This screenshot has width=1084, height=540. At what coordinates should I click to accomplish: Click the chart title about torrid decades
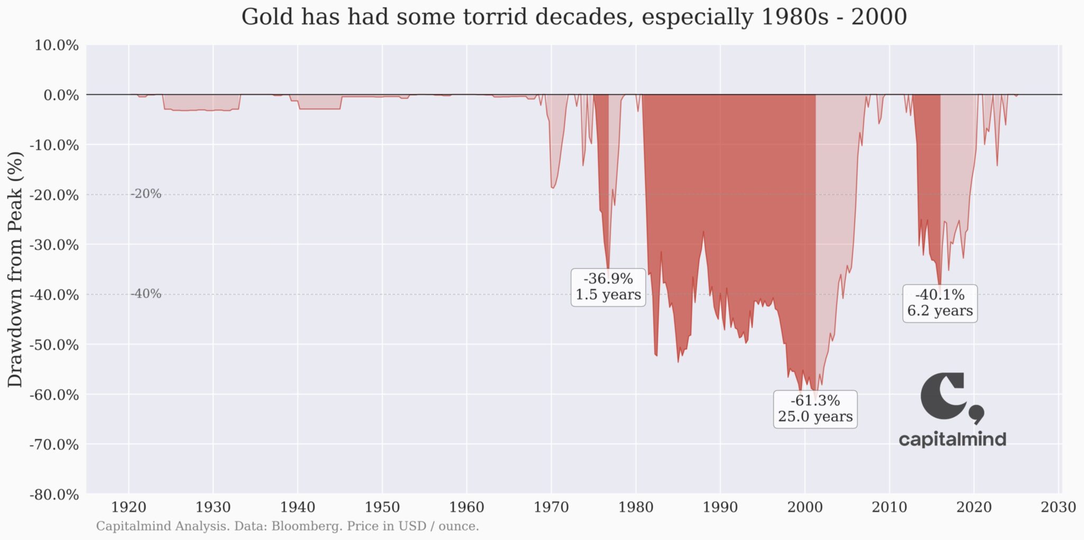pos(574,17)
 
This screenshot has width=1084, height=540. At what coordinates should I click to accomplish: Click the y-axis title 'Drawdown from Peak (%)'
pos(15,269)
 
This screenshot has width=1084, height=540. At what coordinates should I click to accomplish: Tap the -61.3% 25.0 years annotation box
pos(815,409)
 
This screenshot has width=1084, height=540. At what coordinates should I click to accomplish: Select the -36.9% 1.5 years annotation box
pos(608,287)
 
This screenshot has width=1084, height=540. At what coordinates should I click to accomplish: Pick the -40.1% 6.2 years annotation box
pos(940,303)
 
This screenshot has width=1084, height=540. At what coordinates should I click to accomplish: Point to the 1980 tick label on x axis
pos(636,507)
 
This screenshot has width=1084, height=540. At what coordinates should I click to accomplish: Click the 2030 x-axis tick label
pos(1059,507)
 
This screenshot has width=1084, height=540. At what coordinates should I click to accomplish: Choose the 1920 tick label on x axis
pos(129,507)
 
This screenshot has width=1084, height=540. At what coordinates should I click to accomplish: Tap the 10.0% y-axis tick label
pos(57,46)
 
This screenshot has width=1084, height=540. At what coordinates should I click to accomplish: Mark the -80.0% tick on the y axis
pos(55,494)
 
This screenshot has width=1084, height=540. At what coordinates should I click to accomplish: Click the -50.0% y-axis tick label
pos(55,345)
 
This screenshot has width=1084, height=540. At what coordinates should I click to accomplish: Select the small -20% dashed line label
pos(146,194)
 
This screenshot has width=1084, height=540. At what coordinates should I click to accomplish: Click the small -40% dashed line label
pos(146,294)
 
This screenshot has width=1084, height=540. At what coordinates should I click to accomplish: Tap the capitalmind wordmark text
pos(952,439)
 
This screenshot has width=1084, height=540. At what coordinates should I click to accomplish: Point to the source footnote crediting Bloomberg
pos(287,526)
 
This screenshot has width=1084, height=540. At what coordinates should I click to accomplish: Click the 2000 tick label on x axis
pos(805,507)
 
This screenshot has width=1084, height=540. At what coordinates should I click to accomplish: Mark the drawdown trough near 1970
pos(553,187)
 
